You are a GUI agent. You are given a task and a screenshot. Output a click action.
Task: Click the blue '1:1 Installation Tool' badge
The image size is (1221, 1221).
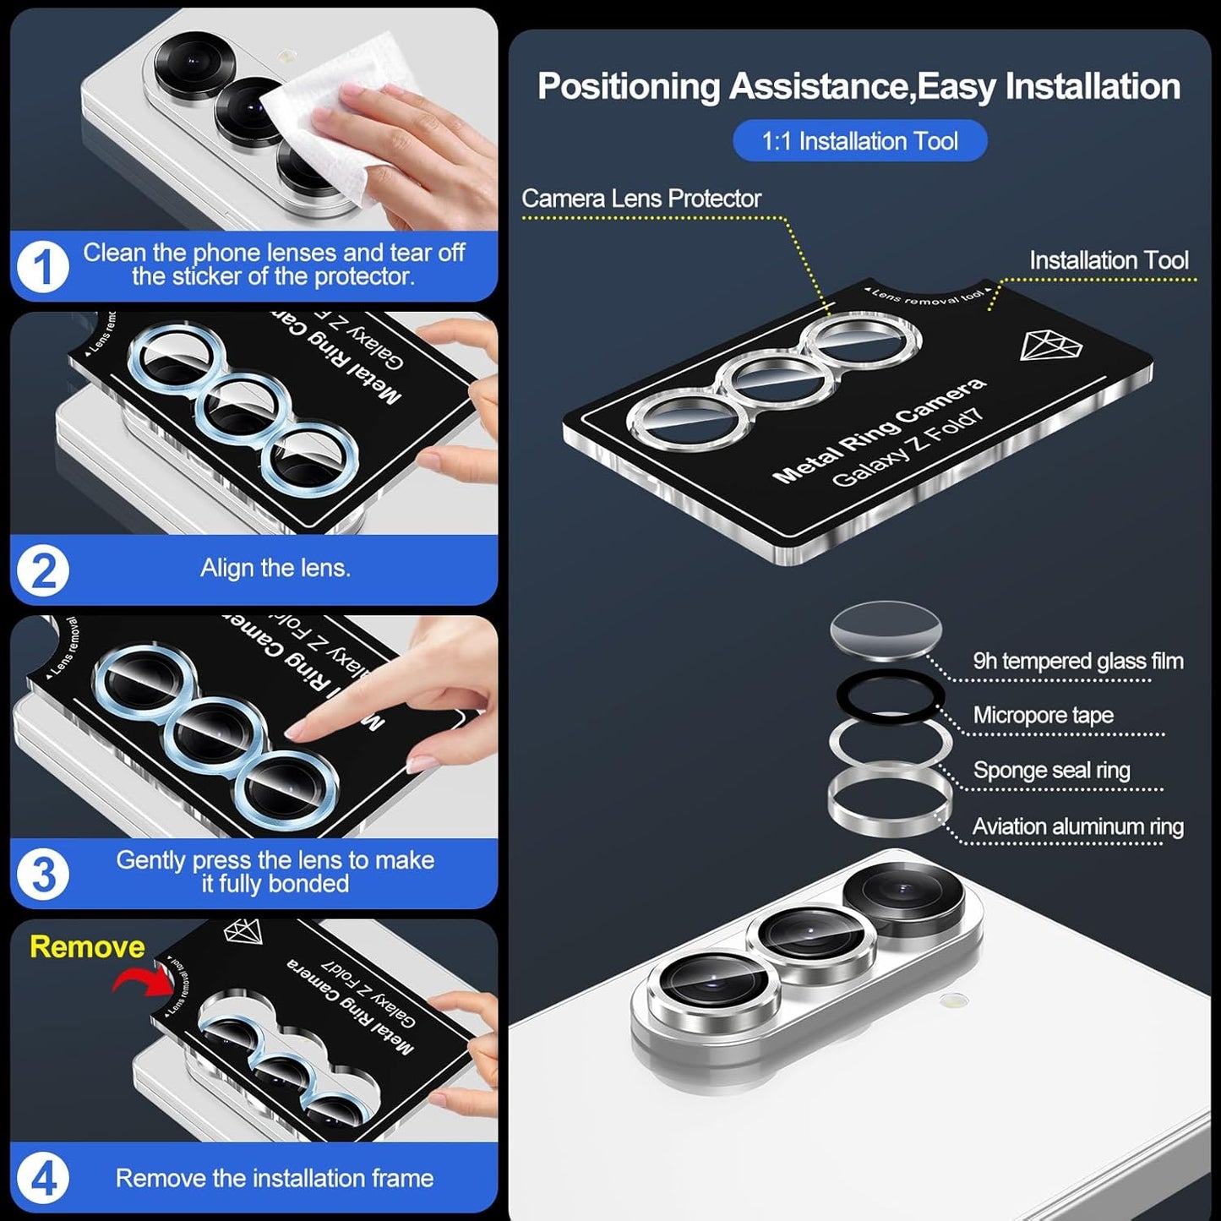pos(859,140)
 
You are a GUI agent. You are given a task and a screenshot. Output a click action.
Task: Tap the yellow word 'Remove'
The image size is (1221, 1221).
pos(87,946)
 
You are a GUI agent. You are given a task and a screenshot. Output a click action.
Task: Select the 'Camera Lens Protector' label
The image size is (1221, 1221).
pos(641,199)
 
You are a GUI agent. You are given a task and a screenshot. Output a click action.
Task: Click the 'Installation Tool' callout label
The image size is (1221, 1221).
pos(1109,260)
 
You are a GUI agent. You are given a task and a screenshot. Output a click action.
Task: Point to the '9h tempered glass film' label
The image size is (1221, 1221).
pos(1078,661)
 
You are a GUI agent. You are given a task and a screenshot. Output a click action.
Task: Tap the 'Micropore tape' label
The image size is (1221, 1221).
pos(1043,716)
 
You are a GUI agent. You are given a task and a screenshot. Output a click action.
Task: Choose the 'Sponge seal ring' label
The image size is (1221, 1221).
pos(1051,771)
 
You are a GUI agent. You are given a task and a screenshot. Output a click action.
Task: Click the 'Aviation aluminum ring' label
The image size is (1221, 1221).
pos(1078,826)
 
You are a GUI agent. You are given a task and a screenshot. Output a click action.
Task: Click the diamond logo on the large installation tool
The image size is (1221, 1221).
pos(1050,345)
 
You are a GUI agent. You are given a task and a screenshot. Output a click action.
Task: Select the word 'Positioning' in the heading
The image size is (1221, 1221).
pos(629,87)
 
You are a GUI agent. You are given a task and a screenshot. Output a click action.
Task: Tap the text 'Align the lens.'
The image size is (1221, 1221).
pos(275,568)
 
